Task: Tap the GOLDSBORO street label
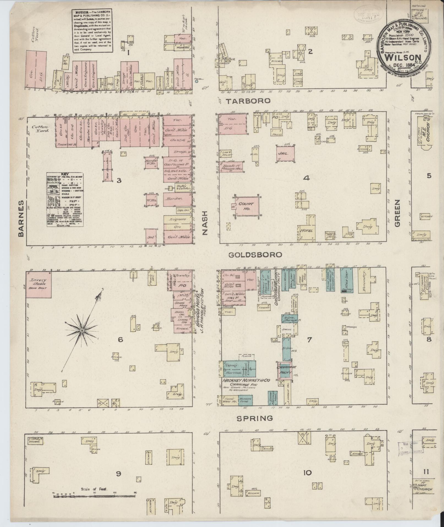click(x=255, y=255)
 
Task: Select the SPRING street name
click(x=255, y=426)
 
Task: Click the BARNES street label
click(x=21, y=218)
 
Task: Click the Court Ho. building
click(x=247, y=205)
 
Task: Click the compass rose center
click(x=82, y=330)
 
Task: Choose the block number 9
click(x=118, y=474)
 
